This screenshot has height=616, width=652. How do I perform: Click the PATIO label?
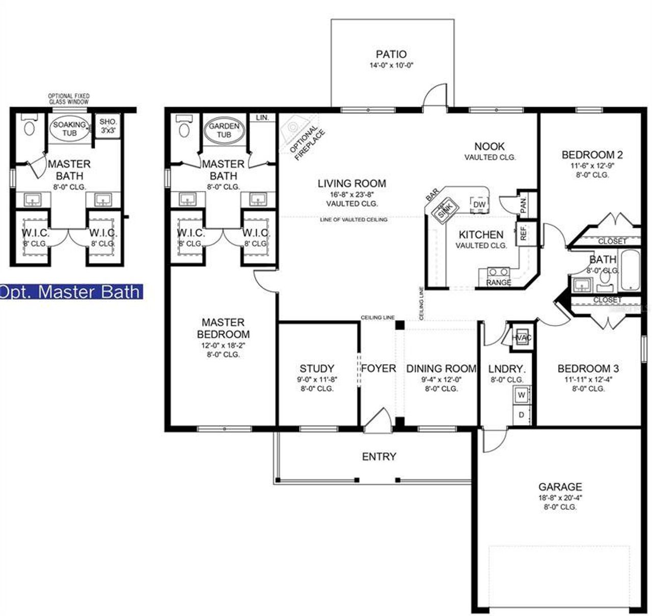[x=391, y=54]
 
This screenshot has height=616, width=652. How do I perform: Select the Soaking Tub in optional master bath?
[x=70, y=128]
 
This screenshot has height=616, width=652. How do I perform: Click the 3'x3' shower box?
[x=108, y=125]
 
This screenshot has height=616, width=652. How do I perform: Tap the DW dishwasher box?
[x=479, y=204]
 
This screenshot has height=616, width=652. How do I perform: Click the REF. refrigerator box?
[x=523, y=234]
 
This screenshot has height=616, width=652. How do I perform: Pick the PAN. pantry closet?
[x=524, y=205]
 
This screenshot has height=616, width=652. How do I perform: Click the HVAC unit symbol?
[x=521, y=337]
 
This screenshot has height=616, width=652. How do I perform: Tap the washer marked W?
[x=521, y=394]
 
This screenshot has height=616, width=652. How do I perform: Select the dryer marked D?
[x=521, y=415]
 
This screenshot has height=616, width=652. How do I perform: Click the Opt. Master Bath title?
[x=70, y=291]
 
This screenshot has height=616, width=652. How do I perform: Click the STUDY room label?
[x=317, y=368]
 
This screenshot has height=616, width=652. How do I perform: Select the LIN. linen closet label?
[x=262, y=118]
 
